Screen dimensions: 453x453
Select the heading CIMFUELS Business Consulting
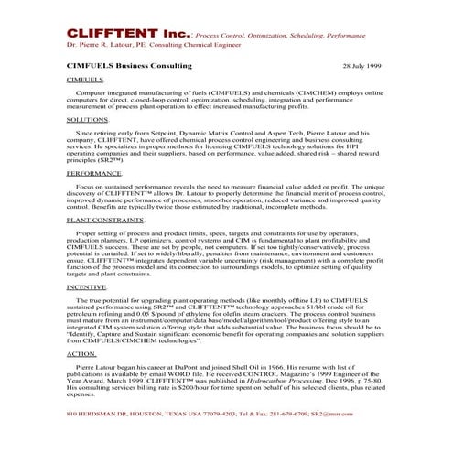pyautogui.click(x=129, y=67)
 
